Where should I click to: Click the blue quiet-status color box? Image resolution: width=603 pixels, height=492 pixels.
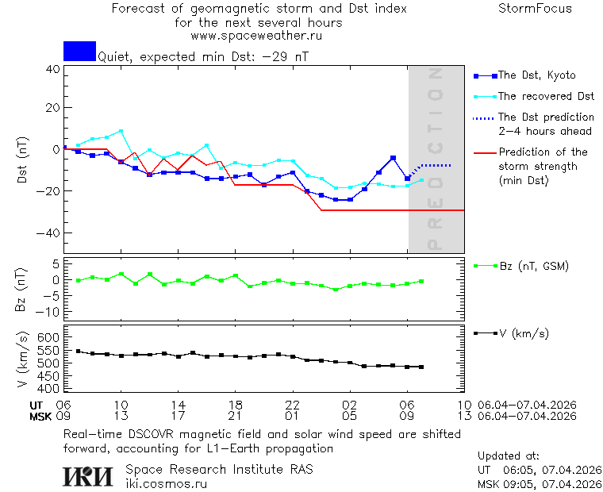click(x=79, y=51)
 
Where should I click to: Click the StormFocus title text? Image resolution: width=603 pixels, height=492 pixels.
click(x=535, y=10)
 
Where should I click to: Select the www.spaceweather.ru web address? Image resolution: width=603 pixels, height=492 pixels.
click(x=256, y=36)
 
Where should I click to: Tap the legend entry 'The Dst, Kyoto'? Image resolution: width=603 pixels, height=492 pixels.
click(x=536, y=75)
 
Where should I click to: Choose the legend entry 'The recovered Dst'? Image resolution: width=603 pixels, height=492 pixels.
click(x=546, y=96)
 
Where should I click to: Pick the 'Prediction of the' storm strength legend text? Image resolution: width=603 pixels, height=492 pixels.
click(x=543, y=152)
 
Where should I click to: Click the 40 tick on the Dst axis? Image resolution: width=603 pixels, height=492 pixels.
click(x=52, y=69)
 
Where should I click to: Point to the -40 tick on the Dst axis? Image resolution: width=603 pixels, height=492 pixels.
click(x=49, y=233)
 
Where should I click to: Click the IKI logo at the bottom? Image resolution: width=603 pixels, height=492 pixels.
click(x=87, y=476)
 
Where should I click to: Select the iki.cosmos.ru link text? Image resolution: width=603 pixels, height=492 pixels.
click(x=166, y=484)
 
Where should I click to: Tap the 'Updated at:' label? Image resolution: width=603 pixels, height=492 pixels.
click(x=509, y=456)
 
